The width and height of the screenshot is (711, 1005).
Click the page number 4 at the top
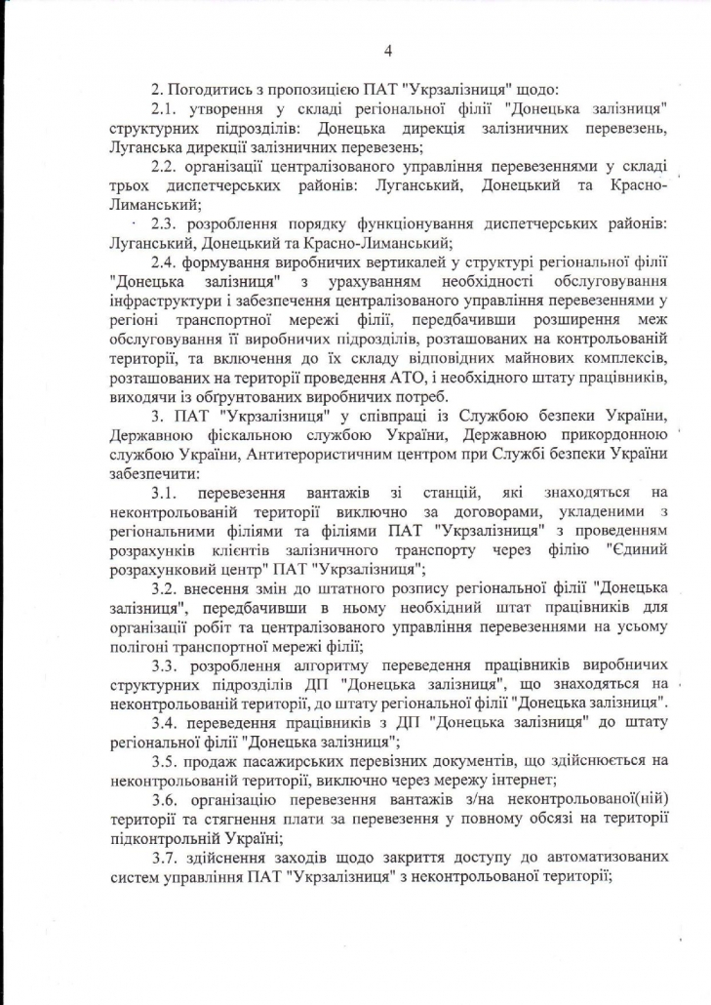388,51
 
